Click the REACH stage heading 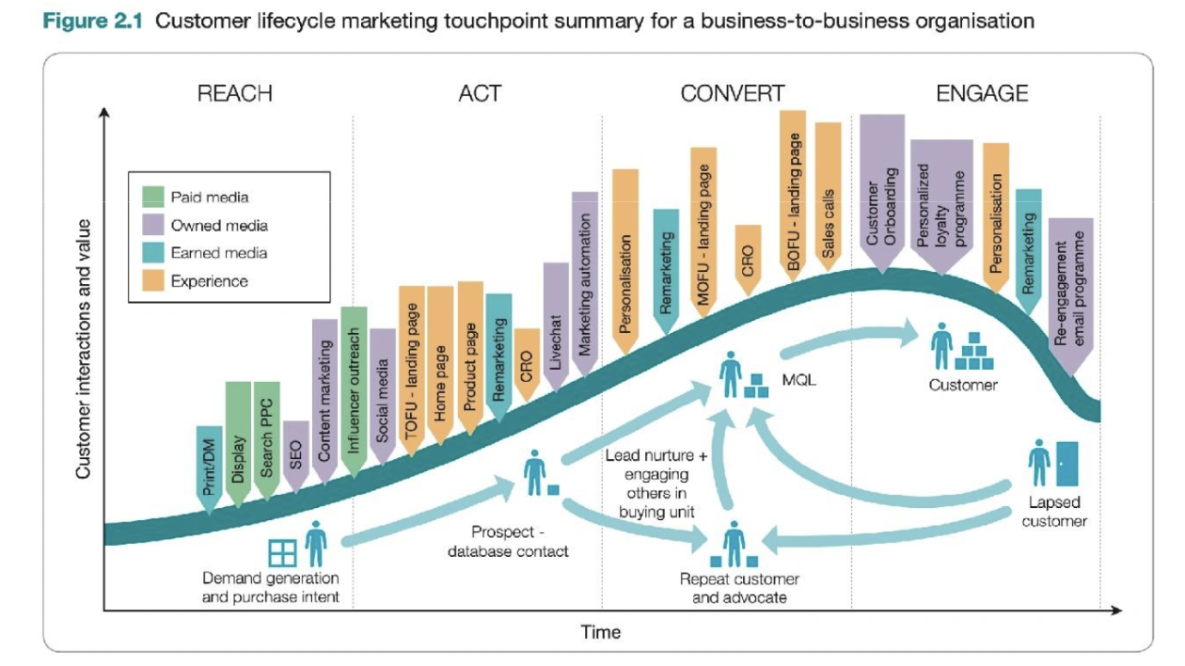tap(234, 94)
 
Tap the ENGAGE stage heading tap(982, 94)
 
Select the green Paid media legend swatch tap(153, 197)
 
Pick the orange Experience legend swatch tap(153, 280)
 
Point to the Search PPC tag tap(267, 440)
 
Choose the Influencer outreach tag tap(354, 392)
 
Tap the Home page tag tap(440, 366)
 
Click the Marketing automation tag tap(585, 284)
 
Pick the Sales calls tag tap(828, 197)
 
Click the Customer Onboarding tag tap(882, 194)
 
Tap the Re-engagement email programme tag tap(1070, 296)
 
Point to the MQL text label tap(798, 380)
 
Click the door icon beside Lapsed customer tap(1066, 464)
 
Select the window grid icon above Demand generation tap(282, 553)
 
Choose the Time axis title tap(600, 632)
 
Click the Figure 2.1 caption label tap(92, 21)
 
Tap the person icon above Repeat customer tap(735, 544)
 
